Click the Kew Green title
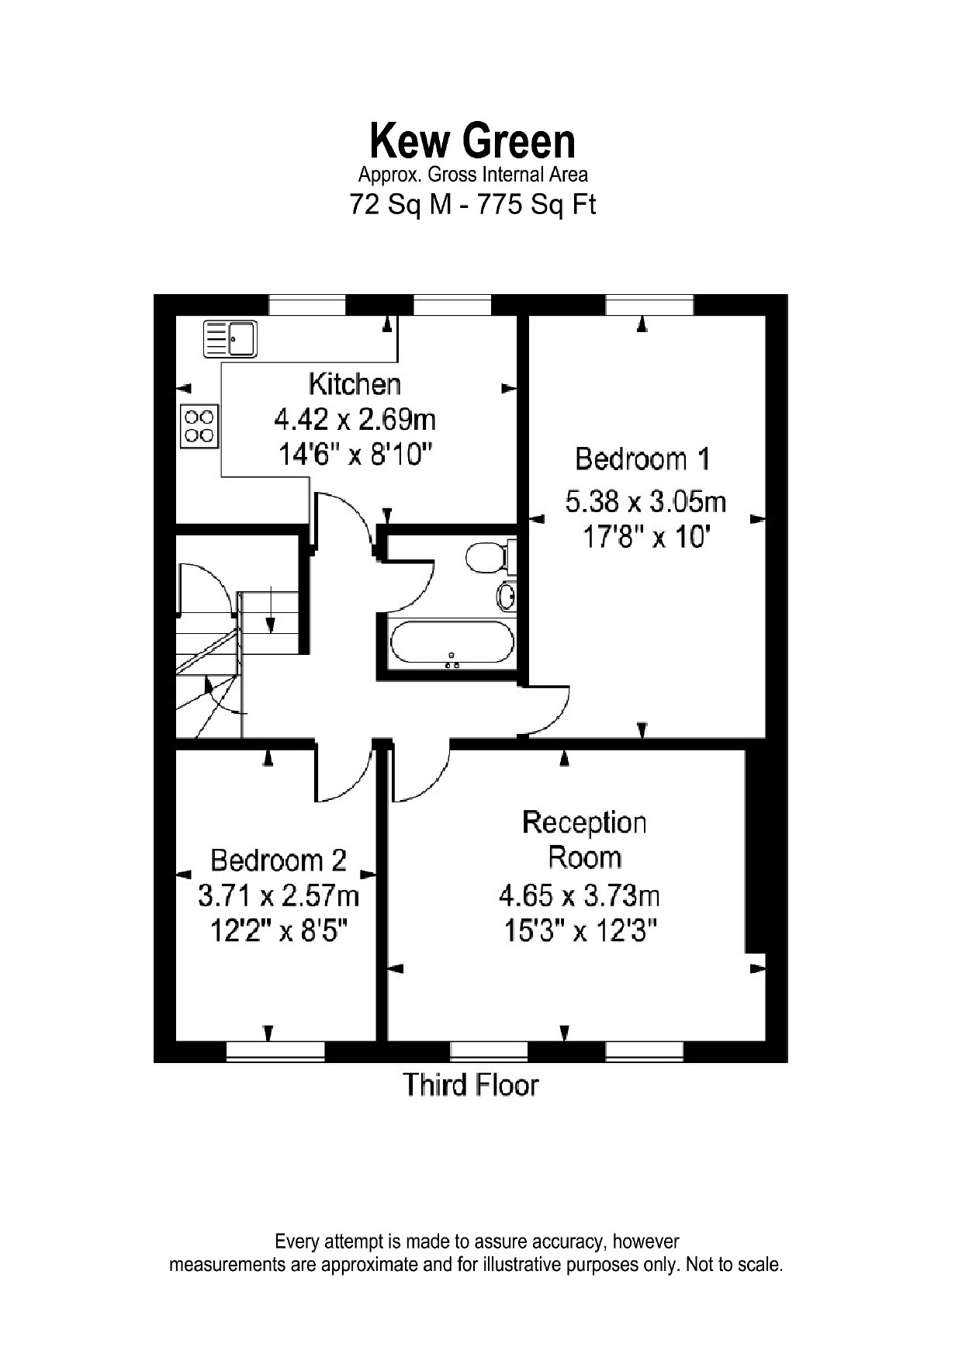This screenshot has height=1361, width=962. point(472,141)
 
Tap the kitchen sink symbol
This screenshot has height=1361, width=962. point(230,338)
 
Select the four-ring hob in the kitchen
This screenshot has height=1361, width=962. point(199,426)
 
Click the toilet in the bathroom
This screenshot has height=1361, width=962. point(487,556)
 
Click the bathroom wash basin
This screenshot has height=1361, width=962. point(507,596)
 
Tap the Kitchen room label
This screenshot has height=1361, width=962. point(355,383)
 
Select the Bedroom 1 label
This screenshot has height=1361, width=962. point(642,459)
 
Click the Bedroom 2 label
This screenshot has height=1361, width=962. point(279,860)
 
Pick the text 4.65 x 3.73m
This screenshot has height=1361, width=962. point(579,896)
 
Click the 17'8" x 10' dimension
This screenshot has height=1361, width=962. point(646,536)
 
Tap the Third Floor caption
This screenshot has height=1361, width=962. point(470,1084)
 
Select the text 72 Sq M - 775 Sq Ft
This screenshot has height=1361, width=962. point(472,205)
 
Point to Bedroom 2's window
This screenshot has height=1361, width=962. point(275,1051)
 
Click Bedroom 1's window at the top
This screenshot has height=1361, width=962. point(649,305)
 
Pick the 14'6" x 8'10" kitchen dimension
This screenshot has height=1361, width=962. point(355,454)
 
